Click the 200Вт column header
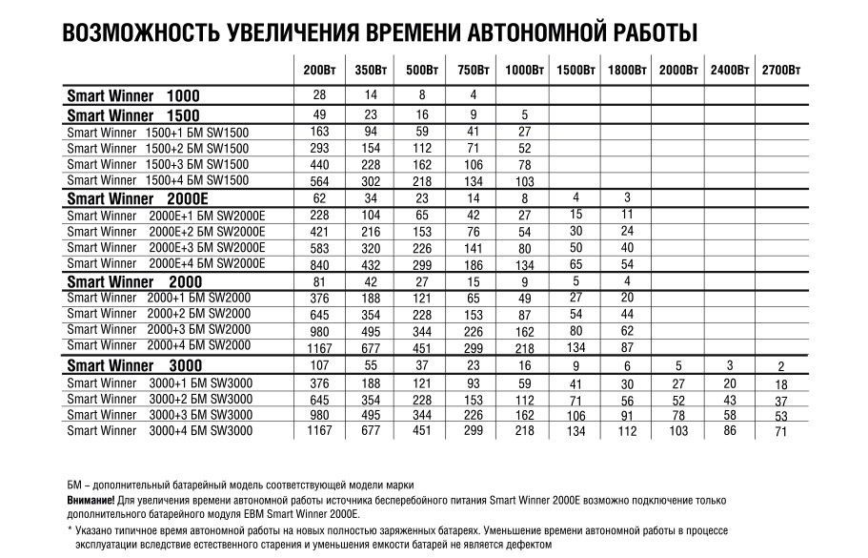(318, 72)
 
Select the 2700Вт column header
(780, 72)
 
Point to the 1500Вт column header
(575, 72)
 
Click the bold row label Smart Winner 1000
(133, 96)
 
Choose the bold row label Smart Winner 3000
(133, 366)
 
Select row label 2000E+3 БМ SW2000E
(167, 247)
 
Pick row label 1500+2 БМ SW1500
(158, 148)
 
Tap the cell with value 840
(319, 264)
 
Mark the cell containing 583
(319, 248)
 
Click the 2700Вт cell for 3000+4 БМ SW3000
(780, 432)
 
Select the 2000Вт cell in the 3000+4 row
(678, 432)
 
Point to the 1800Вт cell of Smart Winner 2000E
(627, 197)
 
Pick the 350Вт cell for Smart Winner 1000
(369, 95)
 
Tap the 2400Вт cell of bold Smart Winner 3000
(729, 365)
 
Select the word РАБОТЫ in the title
(643, 31)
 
